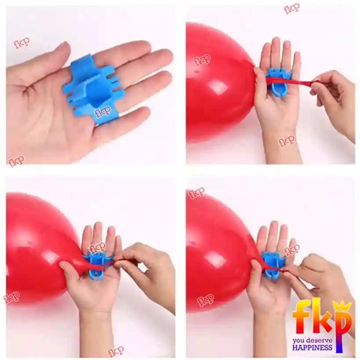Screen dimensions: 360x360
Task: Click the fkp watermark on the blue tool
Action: [102, 111]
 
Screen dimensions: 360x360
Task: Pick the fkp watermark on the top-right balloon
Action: [202, 60]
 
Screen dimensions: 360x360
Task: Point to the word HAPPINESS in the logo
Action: [312, 347]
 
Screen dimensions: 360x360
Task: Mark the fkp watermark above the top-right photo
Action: [292, 8]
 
